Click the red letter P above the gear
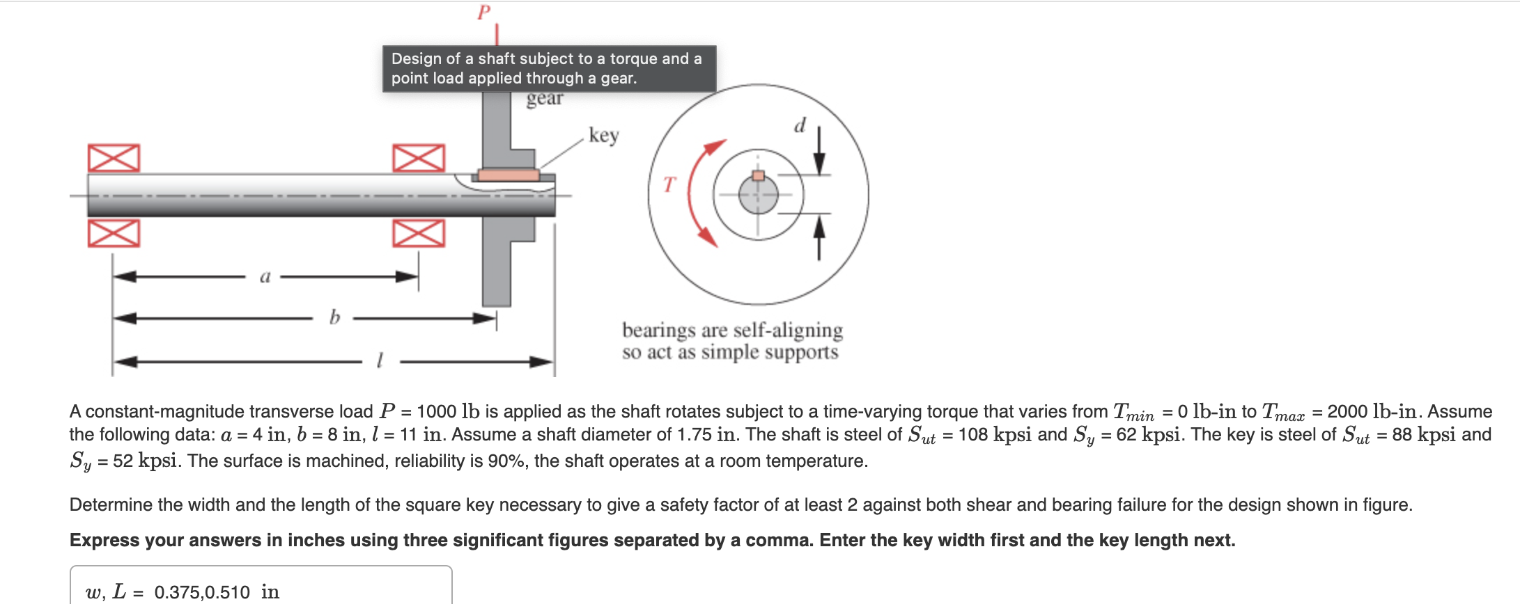[483, 13]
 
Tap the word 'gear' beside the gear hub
[544, 99]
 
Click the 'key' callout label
[603, 134]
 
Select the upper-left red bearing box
[114, 158]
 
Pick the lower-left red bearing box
[114, 233]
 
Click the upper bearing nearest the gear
[418, 158]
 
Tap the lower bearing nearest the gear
[418, 233]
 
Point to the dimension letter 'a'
[265, 276]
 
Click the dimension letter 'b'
[334, 318]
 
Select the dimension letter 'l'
[379, 360]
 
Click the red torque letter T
[669, 184]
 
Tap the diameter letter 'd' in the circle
[800, 125]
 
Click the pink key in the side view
[509, 175]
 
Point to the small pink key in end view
[758, 175]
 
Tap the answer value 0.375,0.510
[201, 592]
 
